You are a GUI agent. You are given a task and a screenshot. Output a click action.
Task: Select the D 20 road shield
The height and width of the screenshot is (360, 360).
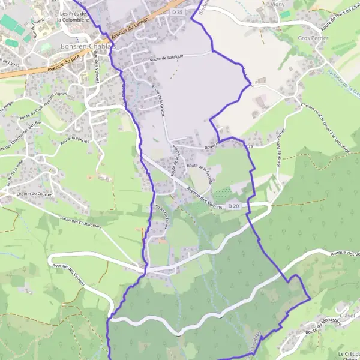234,206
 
